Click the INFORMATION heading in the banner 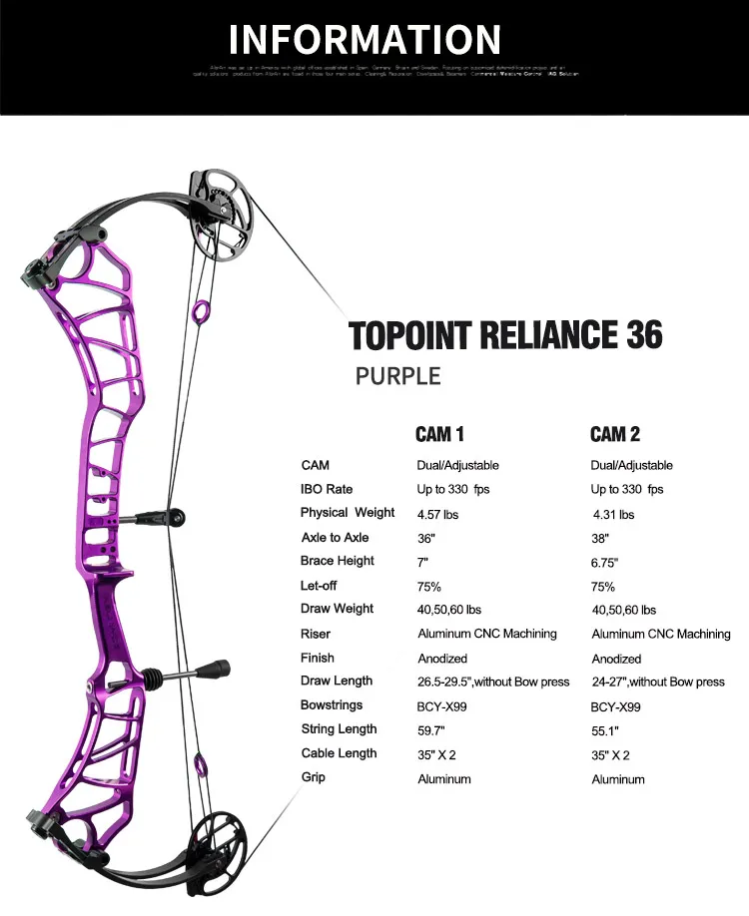coord(365,39)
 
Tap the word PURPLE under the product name coord(397,376)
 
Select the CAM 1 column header coord(439,434)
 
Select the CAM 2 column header coord(614,434)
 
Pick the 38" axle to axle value coord(601,538)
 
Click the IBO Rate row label coord(327,489)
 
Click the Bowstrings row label coord(331,705)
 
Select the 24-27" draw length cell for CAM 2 coord(658,683)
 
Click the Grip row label coord(316,777)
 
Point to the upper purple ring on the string coord(199,312)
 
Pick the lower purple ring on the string coord(200,766)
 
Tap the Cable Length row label coord(339,753)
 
